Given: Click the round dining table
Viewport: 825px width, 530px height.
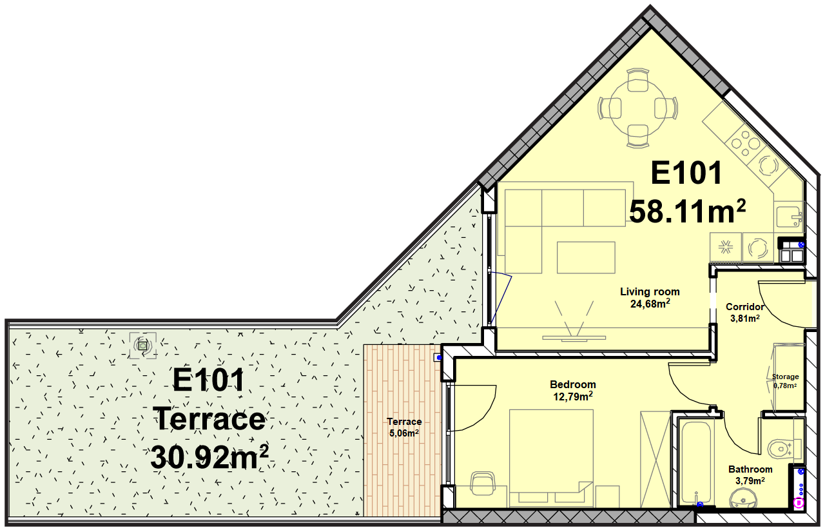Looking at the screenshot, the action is pyautogui.click(x=637, y=109).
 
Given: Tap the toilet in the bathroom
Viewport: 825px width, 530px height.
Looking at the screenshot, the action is pyautogui.click(x=784, y=449).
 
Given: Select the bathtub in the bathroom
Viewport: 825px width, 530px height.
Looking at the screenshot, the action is pyautogui.click(x=695, y=462).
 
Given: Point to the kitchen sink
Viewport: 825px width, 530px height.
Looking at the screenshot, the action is pyautogui.click(x=788, y=217).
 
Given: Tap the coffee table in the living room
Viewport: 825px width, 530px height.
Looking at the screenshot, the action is pyautogui.click(x=586, y=257).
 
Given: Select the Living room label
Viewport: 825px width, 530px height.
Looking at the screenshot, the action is pyautogui.click(x=650, y=291).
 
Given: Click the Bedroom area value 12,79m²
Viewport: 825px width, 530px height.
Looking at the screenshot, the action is pyautogui.click(x=573, y=396).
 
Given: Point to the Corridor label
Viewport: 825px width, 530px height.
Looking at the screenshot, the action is pyautogui.click(x=744, y=307).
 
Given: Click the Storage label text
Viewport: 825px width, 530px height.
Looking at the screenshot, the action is pyautogui.click(x=785, y=377).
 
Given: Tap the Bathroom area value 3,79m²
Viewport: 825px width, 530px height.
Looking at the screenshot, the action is pyautogui.click(x=750, y=480).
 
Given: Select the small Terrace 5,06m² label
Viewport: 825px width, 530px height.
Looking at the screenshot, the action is pyautogui.click(x=404, y=427).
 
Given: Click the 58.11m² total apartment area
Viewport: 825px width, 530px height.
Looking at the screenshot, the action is pyautogui.click(x=687, y=212).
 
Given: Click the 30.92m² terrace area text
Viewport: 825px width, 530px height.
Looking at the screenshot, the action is pyautogui.click(x=209, y=456).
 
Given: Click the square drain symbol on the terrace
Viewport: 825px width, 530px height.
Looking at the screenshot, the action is pyautogui.click(x=143, y=346).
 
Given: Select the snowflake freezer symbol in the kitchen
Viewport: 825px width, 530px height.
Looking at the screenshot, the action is pyautogui.click(x=726, y=247).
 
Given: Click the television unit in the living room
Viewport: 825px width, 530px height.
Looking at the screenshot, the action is pyautogui.click(x=574, y=338).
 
